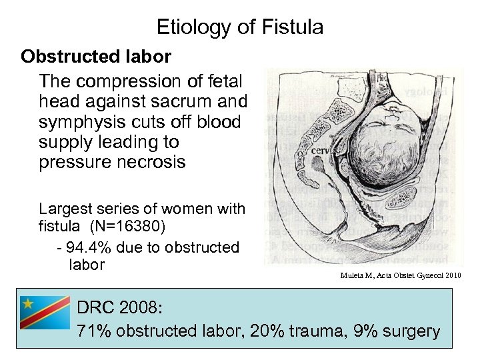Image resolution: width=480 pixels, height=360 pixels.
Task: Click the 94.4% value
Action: [x=89, y=247]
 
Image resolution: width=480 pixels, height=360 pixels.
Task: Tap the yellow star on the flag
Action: [x=28, y=303]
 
